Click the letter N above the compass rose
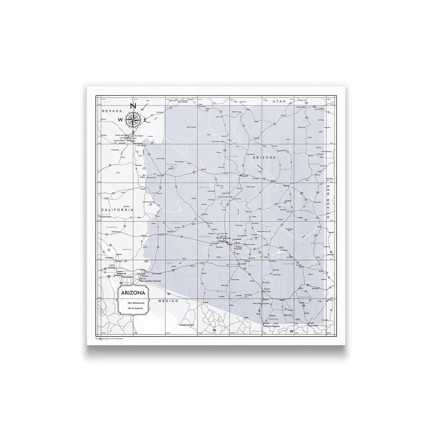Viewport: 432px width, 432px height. click(x=132, y=105)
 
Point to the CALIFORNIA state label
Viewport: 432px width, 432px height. click(x=117, y=210)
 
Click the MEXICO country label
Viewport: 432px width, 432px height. click(x=169, y=300)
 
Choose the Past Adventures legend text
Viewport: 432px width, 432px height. click(x=133, y=303)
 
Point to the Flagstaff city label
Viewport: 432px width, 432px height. click(x=245, y=175)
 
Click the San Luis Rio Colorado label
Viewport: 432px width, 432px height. click(x=150, y=281)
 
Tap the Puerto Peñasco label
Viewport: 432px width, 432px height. click(x=187, y=325)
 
